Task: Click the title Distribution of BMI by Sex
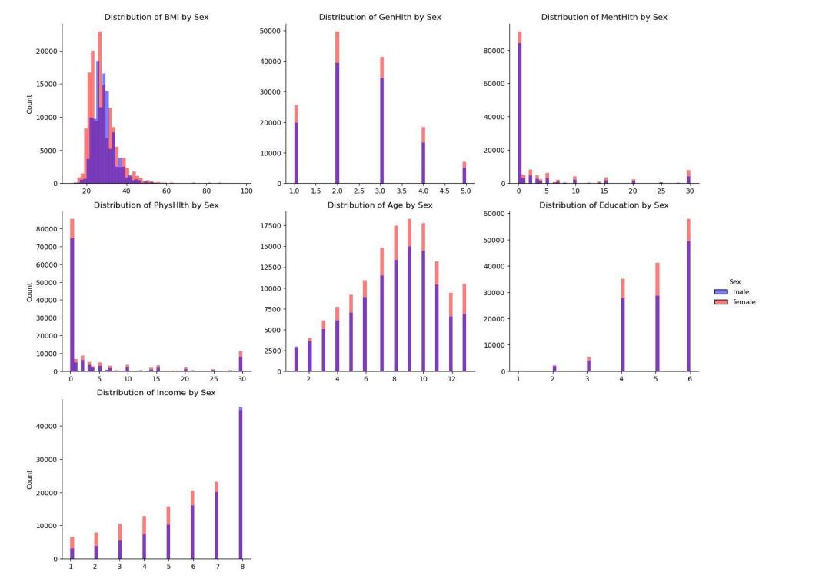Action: (x=156, y=17)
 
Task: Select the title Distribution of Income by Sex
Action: (x=156, y=393)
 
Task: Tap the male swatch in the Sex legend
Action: (x=721, y=292)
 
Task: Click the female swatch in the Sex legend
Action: (x=721, y=302)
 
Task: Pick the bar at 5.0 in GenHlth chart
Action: (x=464, y=174)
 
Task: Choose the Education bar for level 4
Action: (x=623, y=331)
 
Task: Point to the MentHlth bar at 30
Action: (x=688, y=178)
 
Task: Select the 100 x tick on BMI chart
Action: (x=246, y=191)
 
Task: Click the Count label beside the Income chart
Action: (x=30, y=479)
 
